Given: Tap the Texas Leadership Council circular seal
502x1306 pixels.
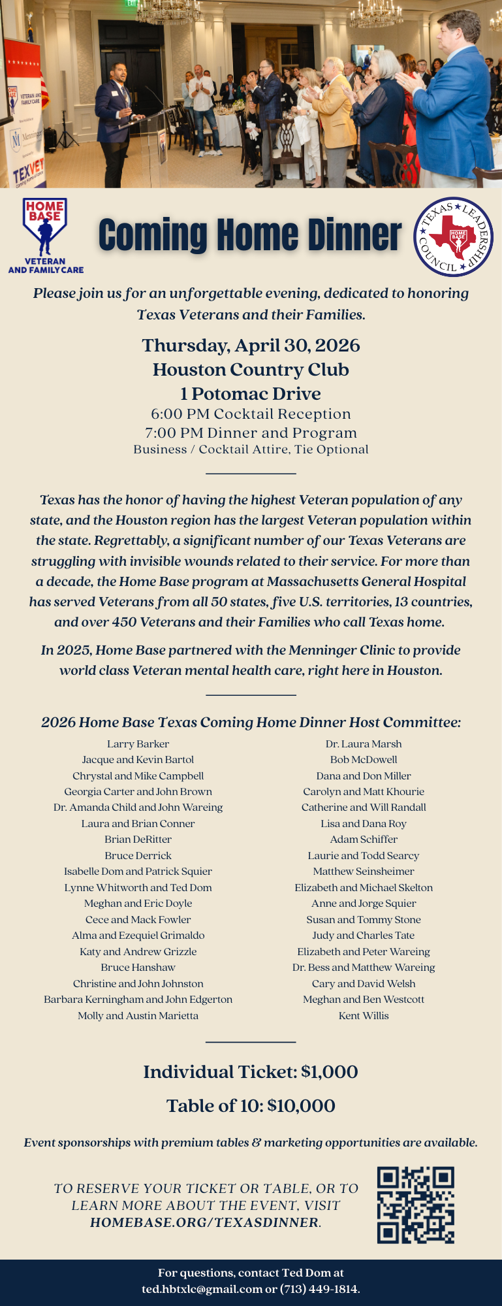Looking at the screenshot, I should [x=454, y=236].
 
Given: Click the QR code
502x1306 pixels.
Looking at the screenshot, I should [x=415, y=1205].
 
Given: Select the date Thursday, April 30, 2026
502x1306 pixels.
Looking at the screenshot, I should [x=251, y=345].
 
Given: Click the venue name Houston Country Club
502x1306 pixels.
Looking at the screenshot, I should [x=251, y=369].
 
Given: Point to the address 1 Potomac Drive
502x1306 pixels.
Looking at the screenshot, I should [x=251, y=393].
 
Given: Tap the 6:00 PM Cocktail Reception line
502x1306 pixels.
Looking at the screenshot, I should [x=251, y=414].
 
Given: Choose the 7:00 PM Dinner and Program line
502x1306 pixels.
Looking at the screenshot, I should [x=251, y=433].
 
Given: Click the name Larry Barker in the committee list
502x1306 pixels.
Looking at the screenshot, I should [x=138, y=743].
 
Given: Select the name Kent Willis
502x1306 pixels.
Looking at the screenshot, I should [x=364, y=1015].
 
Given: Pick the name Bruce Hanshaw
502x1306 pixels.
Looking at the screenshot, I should [x=138, y=967].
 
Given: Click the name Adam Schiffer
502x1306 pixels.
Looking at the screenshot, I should [x=364, y=839].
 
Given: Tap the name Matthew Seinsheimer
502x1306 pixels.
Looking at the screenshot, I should [x=364, y=871].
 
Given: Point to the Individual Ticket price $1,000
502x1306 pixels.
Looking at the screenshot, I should [x=329, y=1071].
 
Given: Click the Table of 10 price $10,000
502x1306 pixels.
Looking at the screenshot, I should [x=301, y=1105].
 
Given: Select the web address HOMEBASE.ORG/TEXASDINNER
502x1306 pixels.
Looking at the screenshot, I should [x=204, y=1222].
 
